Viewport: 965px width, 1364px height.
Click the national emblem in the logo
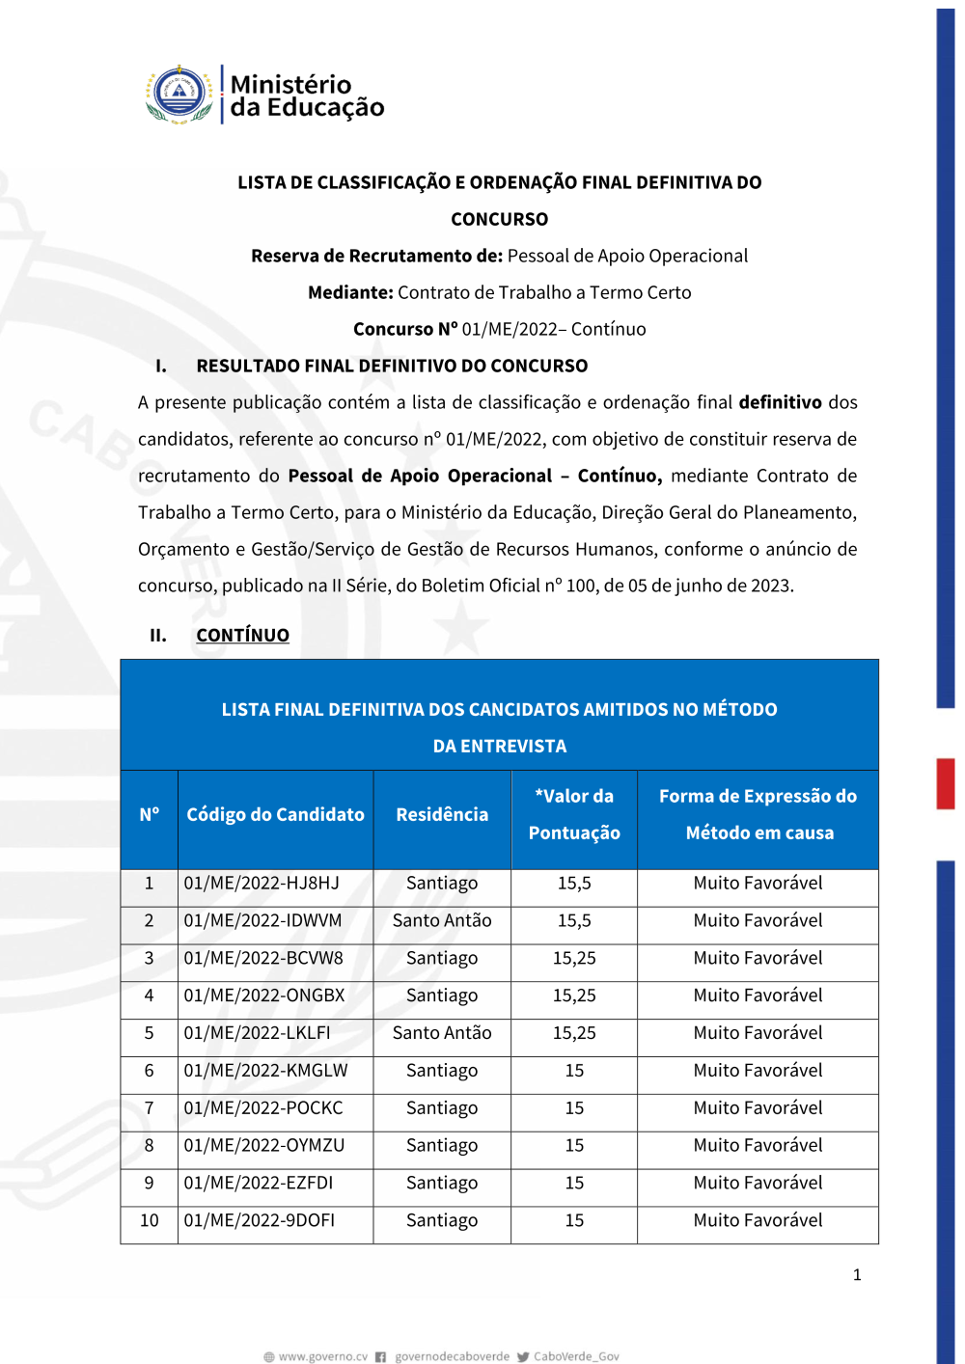coord(179,95)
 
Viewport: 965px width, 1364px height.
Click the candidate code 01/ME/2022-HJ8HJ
coord(262,884)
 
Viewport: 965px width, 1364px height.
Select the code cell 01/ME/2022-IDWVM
coord(262,921)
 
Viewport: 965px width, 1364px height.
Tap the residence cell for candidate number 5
coord(442,1033)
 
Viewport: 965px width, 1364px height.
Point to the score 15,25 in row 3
coord(574,959)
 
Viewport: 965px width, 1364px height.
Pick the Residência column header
coord(442,815)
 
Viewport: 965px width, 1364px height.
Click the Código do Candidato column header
coord(275,815)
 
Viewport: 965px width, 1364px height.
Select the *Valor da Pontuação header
coord(574,815)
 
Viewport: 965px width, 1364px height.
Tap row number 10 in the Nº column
coord(150,1221)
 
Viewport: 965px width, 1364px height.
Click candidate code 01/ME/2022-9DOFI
coord(260,1221)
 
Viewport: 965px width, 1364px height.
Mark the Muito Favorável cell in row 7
coord(758,1108)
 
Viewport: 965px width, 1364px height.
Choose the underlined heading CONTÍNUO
coord(242,636)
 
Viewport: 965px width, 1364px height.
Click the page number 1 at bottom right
coord(857,1275)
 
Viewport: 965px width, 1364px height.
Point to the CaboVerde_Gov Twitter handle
coord(576,1357)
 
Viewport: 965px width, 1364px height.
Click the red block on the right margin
coord(946,783)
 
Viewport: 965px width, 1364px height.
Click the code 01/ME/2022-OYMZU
coord(263,1146)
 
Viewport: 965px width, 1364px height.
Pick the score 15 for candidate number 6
coord(574,1071)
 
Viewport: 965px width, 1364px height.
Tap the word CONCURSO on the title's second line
coord(499,220)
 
